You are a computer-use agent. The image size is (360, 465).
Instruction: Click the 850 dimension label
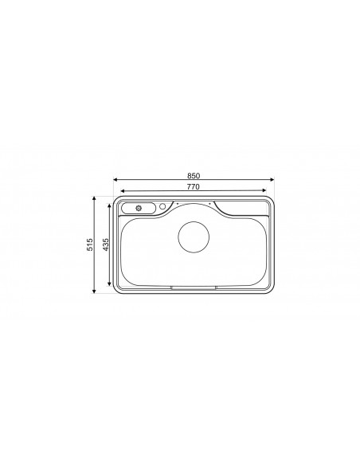[x=193, y=174]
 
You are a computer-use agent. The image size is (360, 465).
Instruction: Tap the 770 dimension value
[x=193, y=186]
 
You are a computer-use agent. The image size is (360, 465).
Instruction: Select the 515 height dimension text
[x=92, y=244]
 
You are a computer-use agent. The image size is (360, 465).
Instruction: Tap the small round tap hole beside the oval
[x=163, y=207]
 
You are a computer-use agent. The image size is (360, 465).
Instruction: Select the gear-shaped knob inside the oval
[x=139, y=208]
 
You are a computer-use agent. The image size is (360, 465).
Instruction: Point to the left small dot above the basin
[x=177, y=204]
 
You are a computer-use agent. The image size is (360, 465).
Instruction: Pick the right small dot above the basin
[x=209, y=204]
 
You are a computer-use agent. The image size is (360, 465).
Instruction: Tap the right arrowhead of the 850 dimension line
[x=276, y=180]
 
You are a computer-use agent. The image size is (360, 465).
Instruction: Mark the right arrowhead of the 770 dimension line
[x=269, y=190]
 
